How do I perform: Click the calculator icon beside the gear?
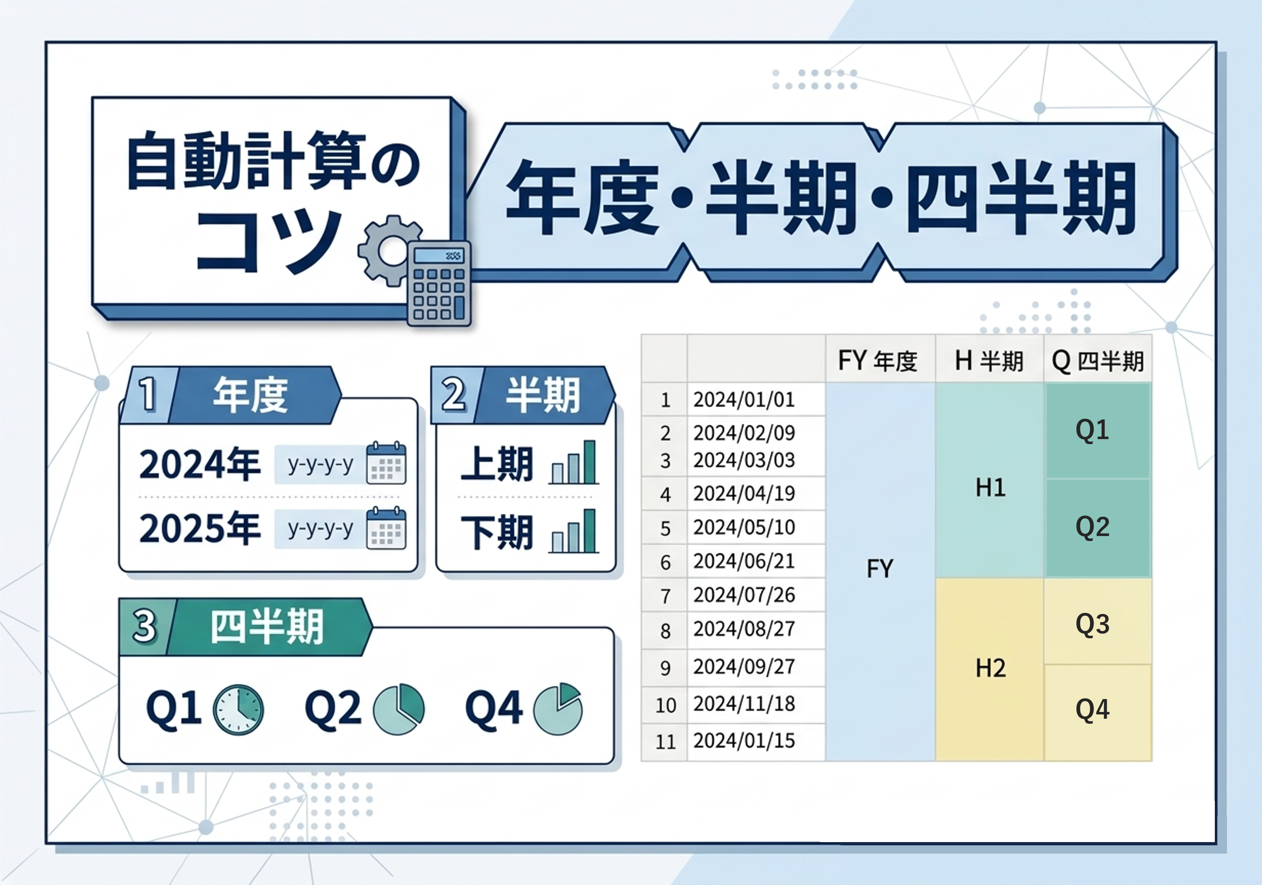(439, 284)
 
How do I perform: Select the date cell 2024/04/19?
(744, 493)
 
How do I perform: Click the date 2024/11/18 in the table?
(744, 704)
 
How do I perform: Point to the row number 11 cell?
(665, 742)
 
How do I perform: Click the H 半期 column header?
(989, 360)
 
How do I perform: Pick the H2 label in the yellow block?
(990, 668)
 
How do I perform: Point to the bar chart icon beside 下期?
(574, 532)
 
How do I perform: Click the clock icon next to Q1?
(238, 710)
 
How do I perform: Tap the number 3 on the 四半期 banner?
(144, 626)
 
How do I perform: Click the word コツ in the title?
(269, 242)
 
